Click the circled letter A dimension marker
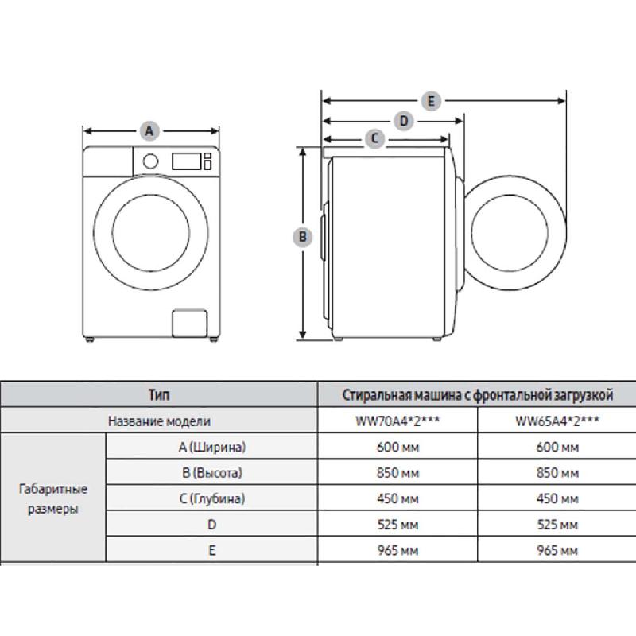pyautogui.click(x=149, y=131)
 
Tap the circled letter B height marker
pyautogui.click(x=303, y=237)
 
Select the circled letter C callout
pyautogui.click(x=374, y=138)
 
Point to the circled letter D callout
pyautogui.click(x=404, y=121)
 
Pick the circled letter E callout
pyautogui.click(x=431, y=101)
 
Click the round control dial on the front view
pyautogui.click(x=150, y=161)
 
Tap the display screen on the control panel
pyautogui.click(x=186, y=161)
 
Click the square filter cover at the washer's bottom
pyautogui.click(x=189, y=324)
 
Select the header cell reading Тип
pyautogui.click(x=159, y=394)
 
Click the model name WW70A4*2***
pyautogui.click(x=397, y=421)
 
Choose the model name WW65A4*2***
pyautogui.click(x=557, y=421)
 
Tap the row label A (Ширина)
pyautogui.click(x=212, y=447)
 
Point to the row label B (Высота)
pyautogui.click(x=212, y=473)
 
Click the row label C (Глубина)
pyautogui.click(x=212, y=498)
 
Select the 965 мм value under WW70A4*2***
pyautogui.click(x=397, y=550)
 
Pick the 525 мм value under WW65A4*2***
pyautogui.click(x=557, y=525)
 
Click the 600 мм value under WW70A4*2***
pyautogui.click(x=397, y=447)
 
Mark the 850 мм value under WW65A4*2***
pyautogui.click(x=557, y=473)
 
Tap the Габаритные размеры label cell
pyautogui.click(x=53, y=498)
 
